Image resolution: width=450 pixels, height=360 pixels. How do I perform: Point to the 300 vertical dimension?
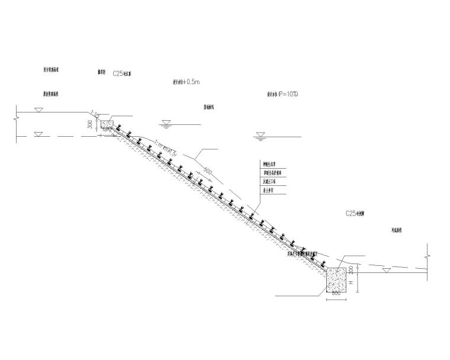pos(90,125)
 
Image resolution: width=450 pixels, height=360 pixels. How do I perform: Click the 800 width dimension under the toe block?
pos(336,293)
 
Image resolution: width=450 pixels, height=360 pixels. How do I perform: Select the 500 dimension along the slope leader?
pos(207,172)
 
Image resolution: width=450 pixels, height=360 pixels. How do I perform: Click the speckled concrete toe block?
pos(336,279)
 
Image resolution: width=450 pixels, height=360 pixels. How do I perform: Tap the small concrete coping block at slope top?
pos(107,124)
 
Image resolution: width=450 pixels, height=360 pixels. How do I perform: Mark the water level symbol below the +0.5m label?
pos(166,124)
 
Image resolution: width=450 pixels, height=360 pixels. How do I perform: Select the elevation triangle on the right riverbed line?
pos(385,271)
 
